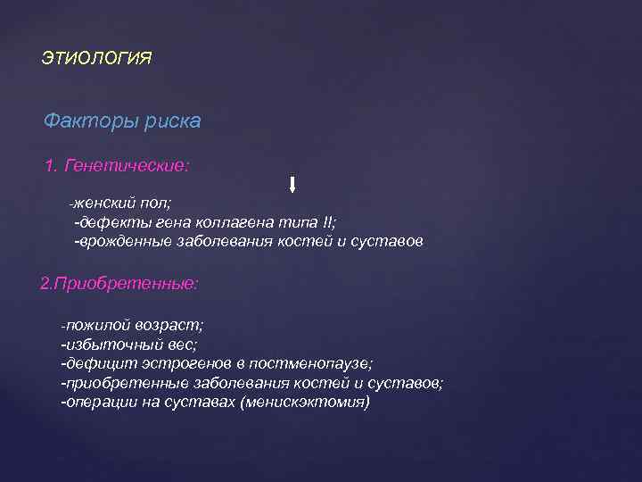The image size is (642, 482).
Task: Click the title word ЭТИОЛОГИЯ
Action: tap(96, 59)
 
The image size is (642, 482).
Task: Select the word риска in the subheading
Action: tap(172, 120)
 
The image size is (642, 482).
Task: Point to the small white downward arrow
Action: tap(292, 186)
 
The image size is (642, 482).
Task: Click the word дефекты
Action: tap(110, 222)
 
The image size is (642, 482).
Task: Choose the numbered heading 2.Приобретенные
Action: tap(120, 285)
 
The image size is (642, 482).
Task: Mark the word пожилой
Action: tap(94, 326)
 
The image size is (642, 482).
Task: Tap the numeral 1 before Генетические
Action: tap(49, 166)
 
